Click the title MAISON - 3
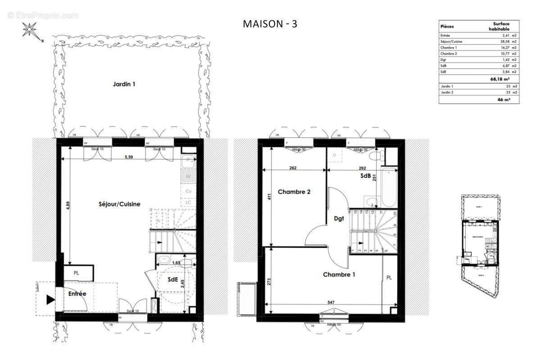[x=270, y=24]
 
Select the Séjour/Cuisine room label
[x=119, y=204]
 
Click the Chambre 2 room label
[x=294, y=192]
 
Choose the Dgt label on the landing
[x=339, y=219]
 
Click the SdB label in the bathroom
[x=365, y=176]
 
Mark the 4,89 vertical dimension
[x=68, y=212]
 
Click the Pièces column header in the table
[x=447, y=26]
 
